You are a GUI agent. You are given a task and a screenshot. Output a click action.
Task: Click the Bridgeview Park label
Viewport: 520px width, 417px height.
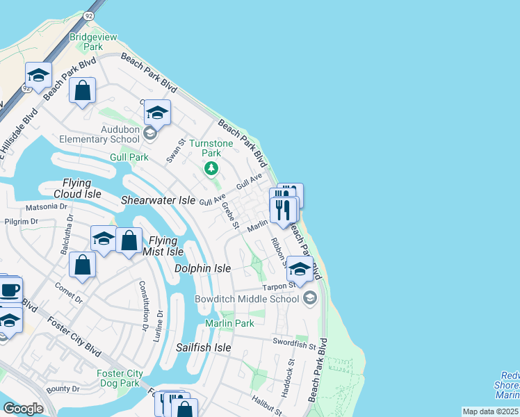87,41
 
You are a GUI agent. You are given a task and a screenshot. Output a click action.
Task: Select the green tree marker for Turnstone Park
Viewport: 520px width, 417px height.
211,168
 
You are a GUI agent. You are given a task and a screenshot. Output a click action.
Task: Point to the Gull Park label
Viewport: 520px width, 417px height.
129,158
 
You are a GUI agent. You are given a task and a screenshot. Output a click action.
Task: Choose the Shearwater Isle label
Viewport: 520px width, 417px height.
158,200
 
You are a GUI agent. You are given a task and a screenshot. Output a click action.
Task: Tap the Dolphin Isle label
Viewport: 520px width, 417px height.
202,268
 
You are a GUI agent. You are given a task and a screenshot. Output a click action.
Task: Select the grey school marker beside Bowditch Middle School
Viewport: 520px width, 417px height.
310,299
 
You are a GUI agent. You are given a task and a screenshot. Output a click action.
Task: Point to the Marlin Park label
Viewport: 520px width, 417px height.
229,323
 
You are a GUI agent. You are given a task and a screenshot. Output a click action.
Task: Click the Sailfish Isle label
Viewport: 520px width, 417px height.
203,347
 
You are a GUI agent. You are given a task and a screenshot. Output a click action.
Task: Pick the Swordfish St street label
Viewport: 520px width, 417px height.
294,343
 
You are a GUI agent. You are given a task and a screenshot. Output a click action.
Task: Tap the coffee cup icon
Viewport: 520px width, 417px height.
9,289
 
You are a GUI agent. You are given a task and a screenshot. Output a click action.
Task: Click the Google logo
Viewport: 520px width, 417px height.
23,408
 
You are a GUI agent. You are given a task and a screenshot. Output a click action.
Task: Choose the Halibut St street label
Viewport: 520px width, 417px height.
266,402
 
